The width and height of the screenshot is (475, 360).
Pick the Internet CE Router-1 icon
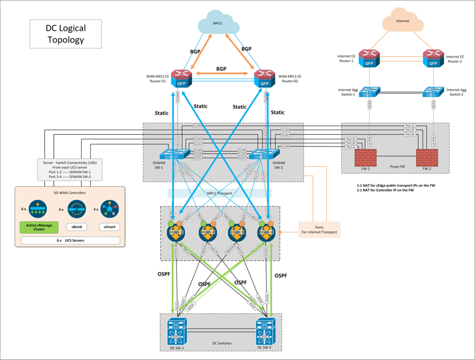[369, 58]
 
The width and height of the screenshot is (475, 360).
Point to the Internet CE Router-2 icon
[433, 58]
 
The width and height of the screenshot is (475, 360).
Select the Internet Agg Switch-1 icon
[369, 92]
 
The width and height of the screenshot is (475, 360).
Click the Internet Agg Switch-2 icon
[433, 92]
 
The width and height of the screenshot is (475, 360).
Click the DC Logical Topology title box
[66, 34]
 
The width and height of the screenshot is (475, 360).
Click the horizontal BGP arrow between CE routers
[222, 75]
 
